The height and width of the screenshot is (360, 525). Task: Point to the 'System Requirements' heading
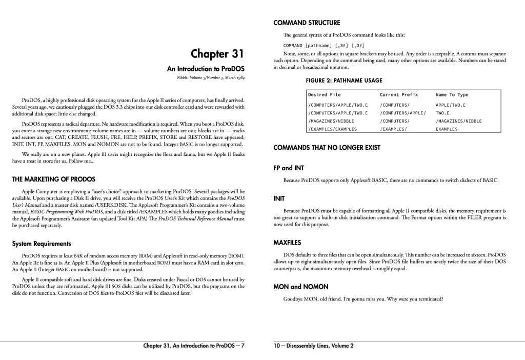click(x=42, y=243)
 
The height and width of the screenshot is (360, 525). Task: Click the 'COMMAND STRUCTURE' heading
click(x=307, y=23)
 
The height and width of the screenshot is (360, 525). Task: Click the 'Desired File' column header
click(x=324, y=95)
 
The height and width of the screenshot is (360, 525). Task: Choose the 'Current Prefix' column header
click(x=398, y=95)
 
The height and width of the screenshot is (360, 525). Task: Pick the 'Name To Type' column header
click(x=452, y=95)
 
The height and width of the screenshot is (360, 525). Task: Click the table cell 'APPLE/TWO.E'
click(x=451, y=105)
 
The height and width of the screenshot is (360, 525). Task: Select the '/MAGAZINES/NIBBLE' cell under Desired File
click(x=331, y=121)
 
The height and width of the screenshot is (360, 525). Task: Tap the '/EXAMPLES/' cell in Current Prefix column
click(x=393, y=129)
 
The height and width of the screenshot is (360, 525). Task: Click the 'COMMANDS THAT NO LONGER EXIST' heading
click(x=327, y=148)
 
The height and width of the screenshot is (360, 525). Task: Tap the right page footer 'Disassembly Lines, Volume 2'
click(x=314, y=345)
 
